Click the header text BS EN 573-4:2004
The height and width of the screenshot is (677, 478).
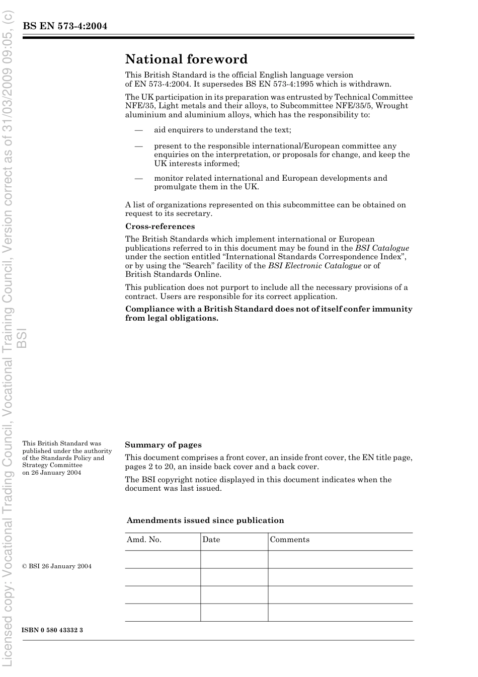pyautogui.click(x=65, y=26)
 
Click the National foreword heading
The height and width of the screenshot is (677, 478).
pyautogui.click(x=186, y=59)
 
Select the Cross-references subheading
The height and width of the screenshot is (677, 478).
pyautogui.click(x=160, y=227)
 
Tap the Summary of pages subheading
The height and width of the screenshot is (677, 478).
pyautogui.click(x=163, y=445)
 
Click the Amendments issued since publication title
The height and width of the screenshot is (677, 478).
pyautogui.click(x=205, y=520)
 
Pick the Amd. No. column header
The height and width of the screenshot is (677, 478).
pyautogui.click(x=144, y=540)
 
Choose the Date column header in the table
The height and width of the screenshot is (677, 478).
pyautogui.click(x=211, y=540)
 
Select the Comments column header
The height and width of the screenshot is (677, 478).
pyautogui.click(x=290, y=540)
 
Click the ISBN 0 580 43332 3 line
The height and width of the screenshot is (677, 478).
pyautogui.click(x=52, y=630)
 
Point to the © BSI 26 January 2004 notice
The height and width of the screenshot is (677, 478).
pyautogui.click(x=57, y=566)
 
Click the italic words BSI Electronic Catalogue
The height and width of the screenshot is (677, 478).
pyautogui.click(x=314, y=266)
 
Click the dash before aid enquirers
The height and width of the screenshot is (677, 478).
pyautogui.click(x=138, y=130)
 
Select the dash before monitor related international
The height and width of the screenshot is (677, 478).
pyautogui.click(x=138, y=178)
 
